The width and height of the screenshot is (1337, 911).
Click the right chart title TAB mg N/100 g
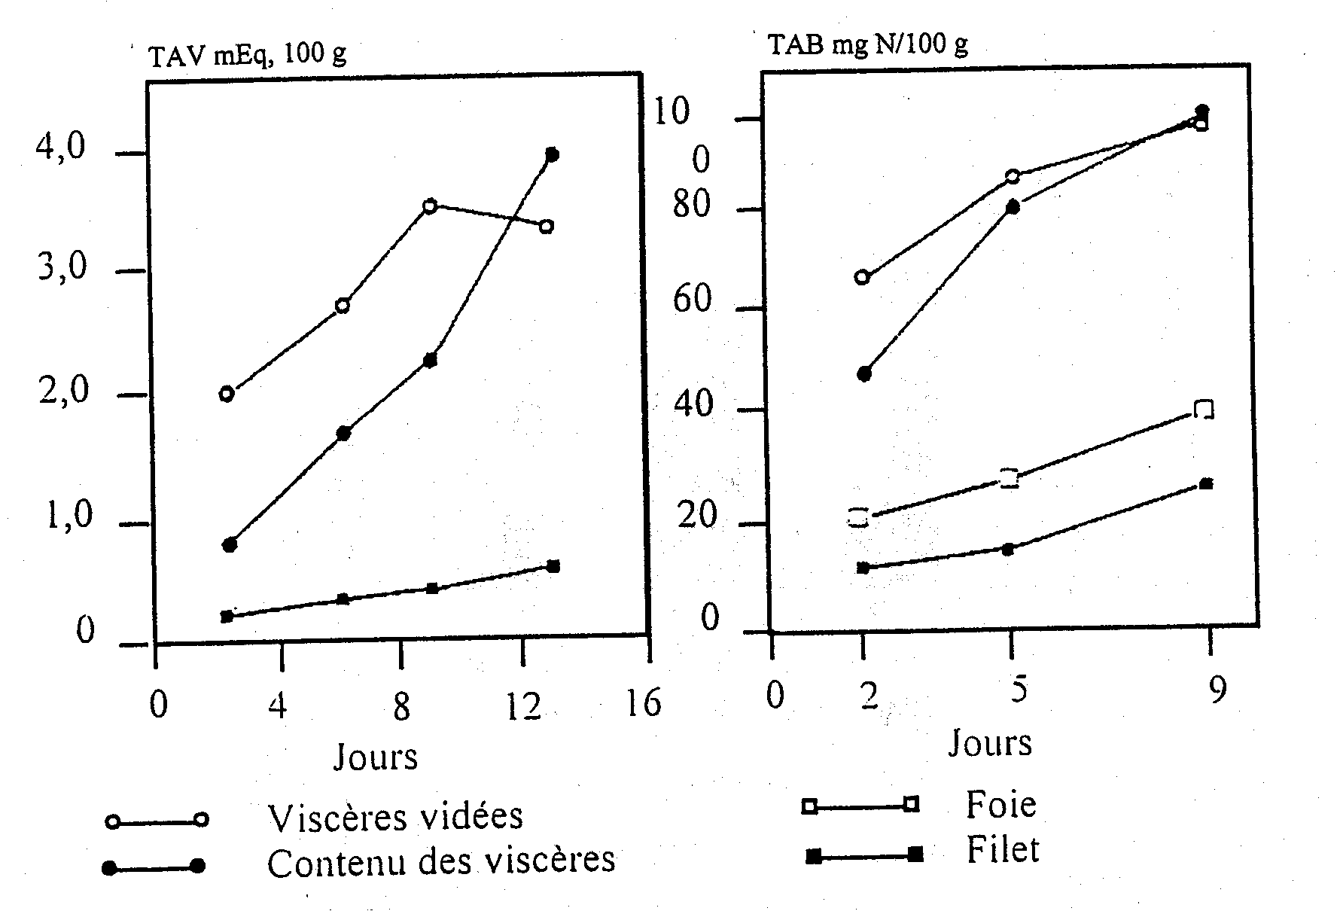click(x=868, y=45)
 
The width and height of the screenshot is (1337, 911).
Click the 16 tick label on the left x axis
click(x=642, y=704)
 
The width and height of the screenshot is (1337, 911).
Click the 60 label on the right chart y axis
click(x=692, y=300)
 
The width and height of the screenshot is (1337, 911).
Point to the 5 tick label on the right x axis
click(x=1019, y=690)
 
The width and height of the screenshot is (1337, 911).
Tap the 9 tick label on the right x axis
click(x=1217, y=690)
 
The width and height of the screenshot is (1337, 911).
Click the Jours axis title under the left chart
click(x=376, y=757)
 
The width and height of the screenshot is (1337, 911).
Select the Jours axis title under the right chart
click(x=990, y=742)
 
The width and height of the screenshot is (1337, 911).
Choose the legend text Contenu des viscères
click(x=441, y=861)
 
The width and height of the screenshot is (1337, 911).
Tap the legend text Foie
click(x=1000, y=805)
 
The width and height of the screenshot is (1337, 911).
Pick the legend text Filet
click(x=1003, y=850)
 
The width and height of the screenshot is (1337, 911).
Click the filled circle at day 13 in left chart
click(x=551, y=154)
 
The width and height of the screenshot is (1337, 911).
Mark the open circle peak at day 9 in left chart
click(x=430, y=206)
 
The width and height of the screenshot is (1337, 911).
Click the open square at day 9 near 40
click(x=1204, y=410)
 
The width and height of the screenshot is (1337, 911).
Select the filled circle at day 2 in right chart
click(x=864, y=374)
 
